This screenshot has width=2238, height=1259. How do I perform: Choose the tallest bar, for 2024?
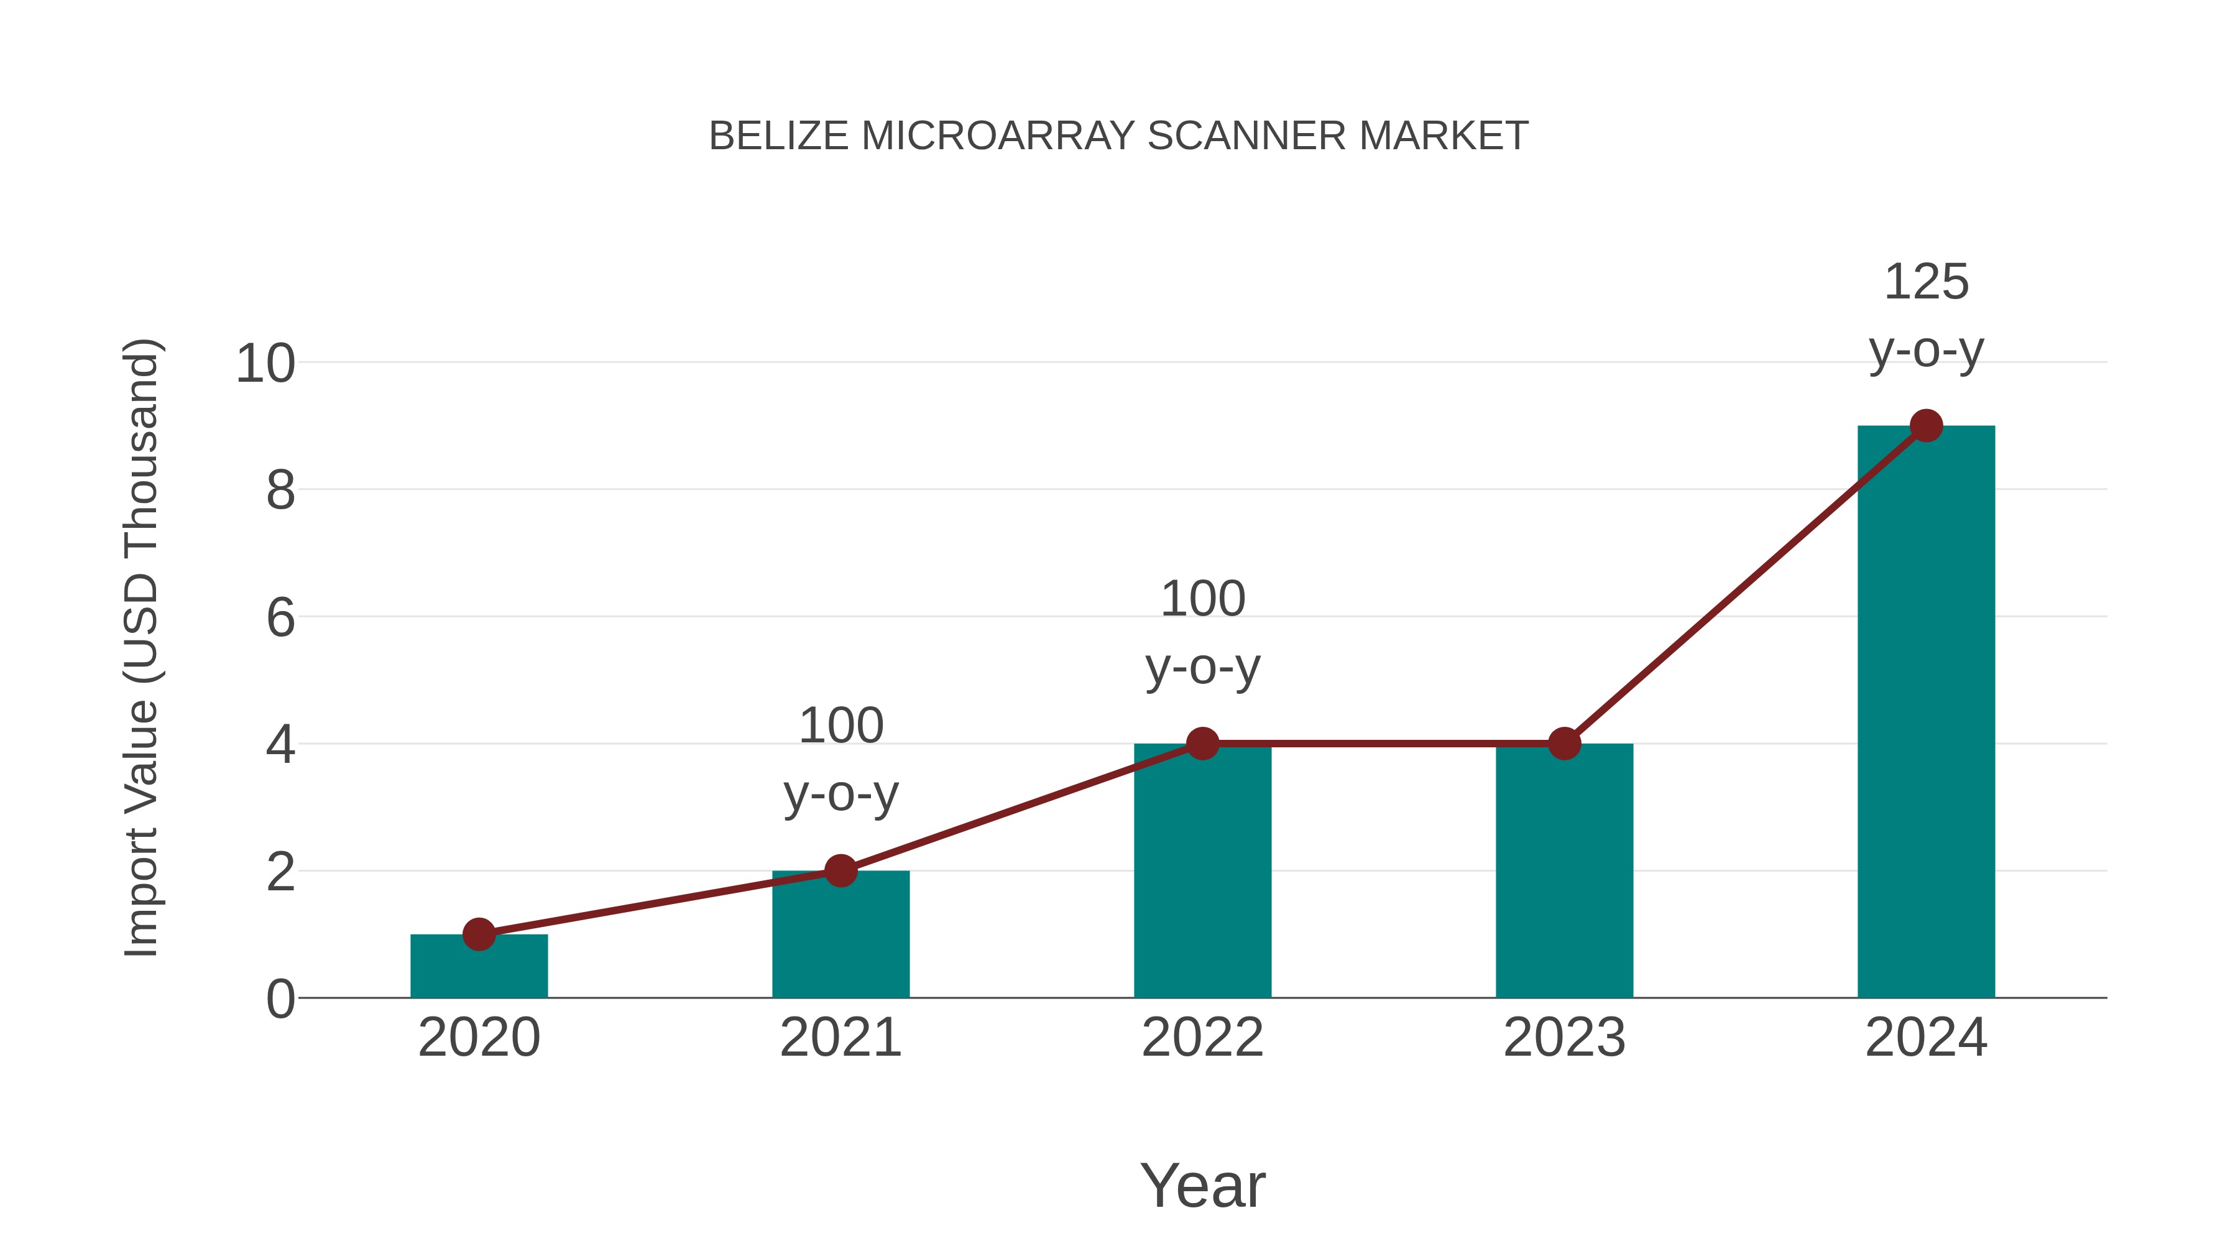point(1926,712)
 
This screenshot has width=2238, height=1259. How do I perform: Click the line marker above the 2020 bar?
point(479,935)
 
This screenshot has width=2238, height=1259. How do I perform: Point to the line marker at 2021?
point(840,870)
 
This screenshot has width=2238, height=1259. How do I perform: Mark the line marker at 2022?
point(1202,744)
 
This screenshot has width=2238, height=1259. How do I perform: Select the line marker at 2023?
point(1564,744)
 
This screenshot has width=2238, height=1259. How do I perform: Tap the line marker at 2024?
point(1926,426)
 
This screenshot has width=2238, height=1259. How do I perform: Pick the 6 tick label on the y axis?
point(280,618)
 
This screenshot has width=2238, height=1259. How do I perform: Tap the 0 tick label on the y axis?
point(280,999)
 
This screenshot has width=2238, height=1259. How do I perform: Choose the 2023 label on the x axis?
point(1564,1038)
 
